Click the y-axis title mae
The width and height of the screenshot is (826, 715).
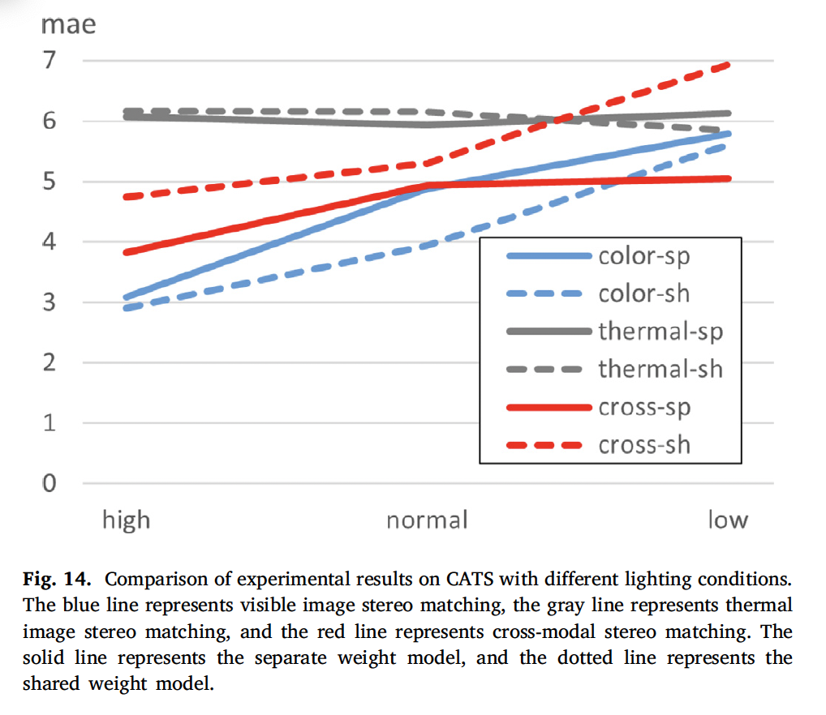[68, 25]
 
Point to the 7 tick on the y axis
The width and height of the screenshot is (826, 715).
[52, 62]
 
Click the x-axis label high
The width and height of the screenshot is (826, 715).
[126, 519]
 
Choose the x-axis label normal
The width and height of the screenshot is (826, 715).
[427, 520]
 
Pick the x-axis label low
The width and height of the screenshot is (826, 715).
[727, 519]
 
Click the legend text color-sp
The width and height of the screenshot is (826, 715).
[644, 256]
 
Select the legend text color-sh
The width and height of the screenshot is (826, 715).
[644, 293]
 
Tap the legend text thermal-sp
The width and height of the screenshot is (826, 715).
[660, 332]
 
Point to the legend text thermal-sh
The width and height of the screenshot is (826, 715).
[660, 369]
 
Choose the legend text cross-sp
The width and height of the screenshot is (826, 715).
[644, 407]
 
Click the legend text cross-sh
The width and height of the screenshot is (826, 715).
[644, 444]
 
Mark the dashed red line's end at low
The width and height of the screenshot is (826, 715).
[729, 64]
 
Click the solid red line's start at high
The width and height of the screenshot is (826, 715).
[126, 253]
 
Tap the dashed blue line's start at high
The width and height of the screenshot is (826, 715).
[126, 308]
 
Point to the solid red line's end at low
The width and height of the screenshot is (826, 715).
[729, 178]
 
